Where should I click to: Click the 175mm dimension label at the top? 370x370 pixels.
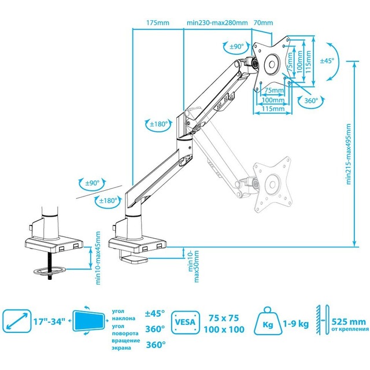pos(158,23)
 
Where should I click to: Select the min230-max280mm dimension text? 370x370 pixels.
pos(217,23)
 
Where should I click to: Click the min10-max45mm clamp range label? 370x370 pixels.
pos(98,258)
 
